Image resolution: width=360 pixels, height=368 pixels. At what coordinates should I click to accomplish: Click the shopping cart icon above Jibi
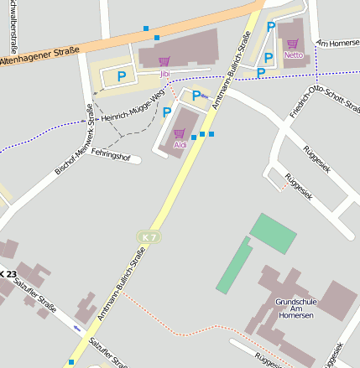pyautogui.click(x=164, y=61)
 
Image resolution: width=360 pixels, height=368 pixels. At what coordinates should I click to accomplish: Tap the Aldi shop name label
pyautogui.click(x=180, y=145)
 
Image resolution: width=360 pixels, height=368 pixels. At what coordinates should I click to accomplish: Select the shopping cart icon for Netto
pyautogui.click(x=293, y=44)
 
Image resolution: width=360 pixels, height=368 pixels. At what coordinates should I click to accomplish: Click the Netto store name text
pyautogui.click(x=293, y=55)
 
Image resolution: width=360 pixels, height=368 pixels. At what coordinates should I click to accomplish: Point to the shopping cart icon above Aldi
pyautogui.click(x=179, y=133)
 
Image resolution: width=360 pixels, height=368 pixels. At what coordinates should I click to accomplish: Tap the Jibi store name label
pyautogui.click(x=164, y=74)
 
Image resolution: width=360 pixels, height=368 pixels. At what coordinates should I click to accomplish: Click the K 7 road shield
pyautogui.click(x=148, y=238)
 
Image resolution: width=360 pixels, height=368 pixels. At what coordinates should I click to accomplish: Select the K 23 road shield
pyautogui.click(x=7, y=274)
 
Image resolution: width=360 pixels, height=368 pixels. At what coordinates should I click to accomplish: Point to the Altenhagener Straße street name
pyautogui.click(x=40, y=56)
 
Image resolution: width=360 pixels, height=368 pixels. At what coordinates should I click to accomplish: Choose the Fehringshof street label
pyautogui.click(x=111, y=156)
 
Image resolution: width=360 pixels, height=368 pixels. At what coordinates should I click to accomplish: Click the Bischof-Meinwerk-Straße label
pyautogui.click(x=74, y=138)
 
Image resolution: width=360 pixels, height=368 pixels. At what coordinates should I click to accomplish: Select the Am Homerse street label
pyautogui.click(x=337, y=43)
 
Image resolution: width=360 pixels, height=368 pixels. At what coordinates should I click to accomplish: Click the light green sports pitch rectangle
pyautogui.click(x=274, y=232)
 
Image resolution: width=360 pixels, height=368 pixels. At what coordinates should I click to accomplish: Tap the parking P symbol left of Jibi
pyautogui.click(x=122, y=76)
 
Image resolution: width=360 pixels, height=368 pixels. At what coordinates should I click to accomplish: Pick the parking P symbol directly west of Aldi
pyautogui.click(x=166, y=112)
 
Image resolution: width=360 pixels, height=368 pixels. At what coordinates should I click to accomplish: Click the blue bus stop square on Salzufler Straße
pyautogui.click(x=71, y=362)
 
